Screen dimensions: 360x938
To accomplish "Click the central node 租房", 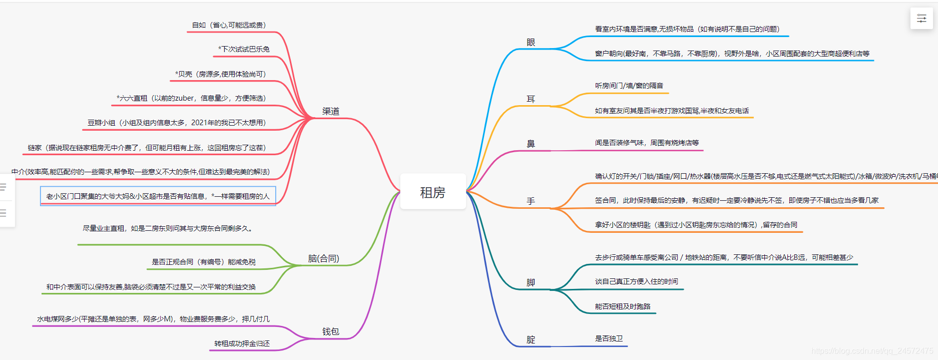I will tap(432, 192).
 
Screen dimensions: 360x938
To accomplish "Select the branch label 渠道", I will tap(330, 111).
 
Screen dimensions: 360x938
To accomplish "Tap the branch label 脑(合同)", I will tap(323, 258).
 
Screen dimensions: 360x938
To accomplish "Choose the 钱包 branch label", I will tap(330, 331).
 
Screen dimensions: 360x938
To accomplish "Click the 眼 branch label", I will tap(531, 43).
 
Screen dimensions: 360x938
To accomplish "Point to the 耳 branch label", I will tap(531, 99).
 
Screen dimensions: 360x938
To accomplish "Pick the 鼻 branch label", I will tap(531, 144).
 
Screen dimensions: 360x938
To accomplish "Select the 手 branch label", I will tap(531, 201).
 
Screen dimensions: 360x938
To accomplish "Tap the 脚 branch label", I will tap(531, 282).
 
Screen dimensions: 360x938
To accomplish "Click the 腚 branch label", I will tap(531, 339).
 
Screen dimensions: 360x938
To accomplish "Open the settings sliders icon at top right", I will tap(921, 19).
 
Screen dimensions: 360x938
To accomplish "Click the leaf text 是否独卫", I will tap(609, 338).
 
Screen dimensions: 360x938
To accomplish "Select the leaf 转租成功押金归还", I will tap(242, 343).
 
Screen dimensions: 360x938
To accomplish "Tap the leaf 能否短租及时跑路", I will tap(622, 306).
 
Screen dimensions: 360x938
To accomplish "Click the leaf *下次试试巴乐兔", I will tap(244, 49).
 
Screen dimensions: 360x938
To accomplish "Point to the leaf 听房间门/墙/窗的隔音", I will tap(629, 86).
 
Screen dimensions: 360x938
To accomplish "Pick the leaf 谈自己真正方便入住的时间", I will tap(636, 281).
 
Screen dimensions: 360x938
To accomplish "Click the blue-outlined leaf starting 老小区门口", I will tap(158, 196).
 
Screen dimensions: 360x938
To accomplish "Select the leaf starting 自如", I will tap(229, 25).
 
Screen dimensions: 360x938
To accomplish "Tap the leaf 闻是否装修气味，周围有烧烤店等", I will tap(647, 143).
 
